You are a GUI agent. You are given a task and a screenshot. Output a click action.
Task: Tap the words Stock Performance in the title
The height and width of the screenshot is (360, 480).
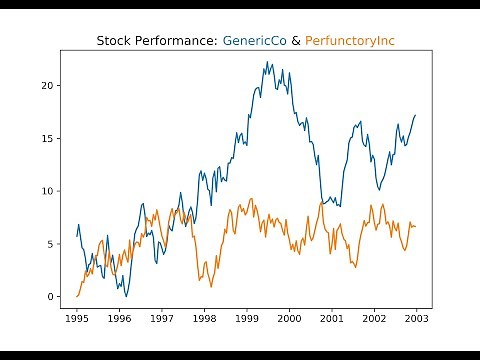pos(157,42)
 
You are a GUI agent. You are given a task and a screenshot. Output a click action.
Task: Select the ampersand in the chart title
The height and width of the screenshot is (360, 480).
pos(295,42)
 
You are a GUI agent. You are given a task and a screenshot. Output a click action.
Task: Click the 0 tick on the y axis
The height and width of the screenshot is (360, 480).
pos(49,296)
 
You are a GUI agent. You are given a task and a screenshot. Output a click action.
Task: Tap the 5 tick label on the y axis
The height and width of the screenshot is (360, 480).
pos(49,243)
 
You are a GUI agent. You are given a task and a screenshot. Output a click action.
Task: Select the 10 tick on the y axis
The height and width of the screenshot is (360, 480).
pos(46,190)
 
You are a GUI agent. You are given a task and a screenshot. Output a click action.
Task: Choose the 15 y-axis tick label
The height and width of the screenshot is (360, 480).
pos(46,138)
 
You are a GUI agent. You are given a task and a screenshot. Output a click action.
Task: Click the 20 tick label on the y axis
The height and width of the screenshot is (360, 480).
pos(46,85)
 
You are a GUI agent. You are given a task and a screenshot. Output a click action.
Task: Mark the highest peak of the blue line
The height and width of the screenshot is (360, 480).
pos(267,62)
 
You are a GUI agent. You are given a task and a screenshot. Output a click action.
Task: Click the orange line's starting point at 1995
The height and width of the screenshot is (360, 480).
pos(77,296)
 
